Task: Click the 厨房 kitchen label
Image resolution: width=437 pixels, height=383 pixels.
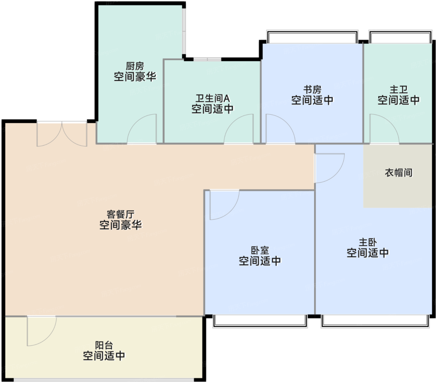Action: pos(135,66)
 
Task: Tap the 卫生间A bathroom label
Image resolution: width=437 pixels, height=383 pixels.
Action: pos(212,98)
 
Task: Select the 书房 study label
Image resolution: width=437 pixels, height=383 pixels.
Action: pos(312,90)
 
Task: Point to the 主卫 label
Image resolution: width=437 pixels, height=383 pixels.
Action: pos(399,90)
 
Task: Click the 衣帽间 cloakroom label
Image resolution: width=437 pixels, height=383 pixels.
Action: pos(399,172)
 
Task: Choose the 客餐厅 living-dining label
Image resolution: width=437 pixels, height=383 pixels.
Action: pos(120,214)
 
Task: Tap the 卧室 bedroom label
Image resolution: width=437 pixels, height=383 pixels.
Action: pos(260,251)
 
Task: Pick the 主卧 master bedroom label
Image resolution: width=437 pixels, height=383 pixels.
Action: pos(368,242)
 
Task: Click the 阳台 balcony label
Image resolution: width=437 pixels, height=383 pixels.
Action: pos(104,346)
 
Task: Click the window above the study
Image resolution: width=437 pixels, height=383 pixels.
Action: pos(312,37)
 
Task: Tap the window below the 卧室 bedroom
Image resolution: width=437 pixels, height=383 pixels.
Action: pos(260,321)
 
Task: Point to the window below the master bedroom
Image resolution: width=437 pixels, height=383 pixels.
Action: pos(375,321)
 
